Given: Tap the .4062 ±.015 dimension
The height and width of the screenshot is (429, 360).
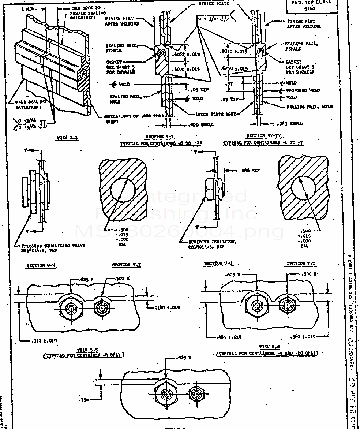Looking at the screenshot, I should tap(185, 55).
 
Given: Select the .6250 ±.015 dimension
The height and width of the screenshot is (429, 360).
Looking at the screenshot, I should tap(234, 68).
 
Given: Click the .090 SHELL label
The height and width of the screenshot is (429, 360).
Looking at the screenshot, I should tap(202, 125).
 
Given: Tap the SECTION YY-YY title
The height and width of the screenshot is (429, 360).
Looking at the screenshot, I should tap(261, 136).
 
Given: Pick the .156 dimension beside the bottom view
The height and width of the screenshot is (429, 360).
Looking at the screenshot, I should tap(85, 400).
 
